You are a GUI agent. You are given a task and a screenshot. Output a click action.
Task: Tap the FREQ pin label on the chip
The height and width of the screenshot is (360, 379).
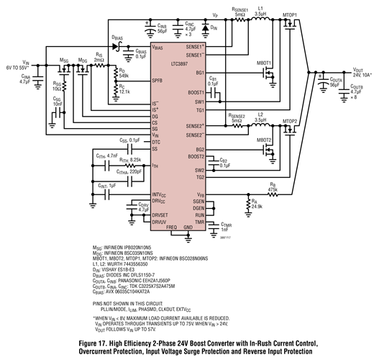171,227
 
